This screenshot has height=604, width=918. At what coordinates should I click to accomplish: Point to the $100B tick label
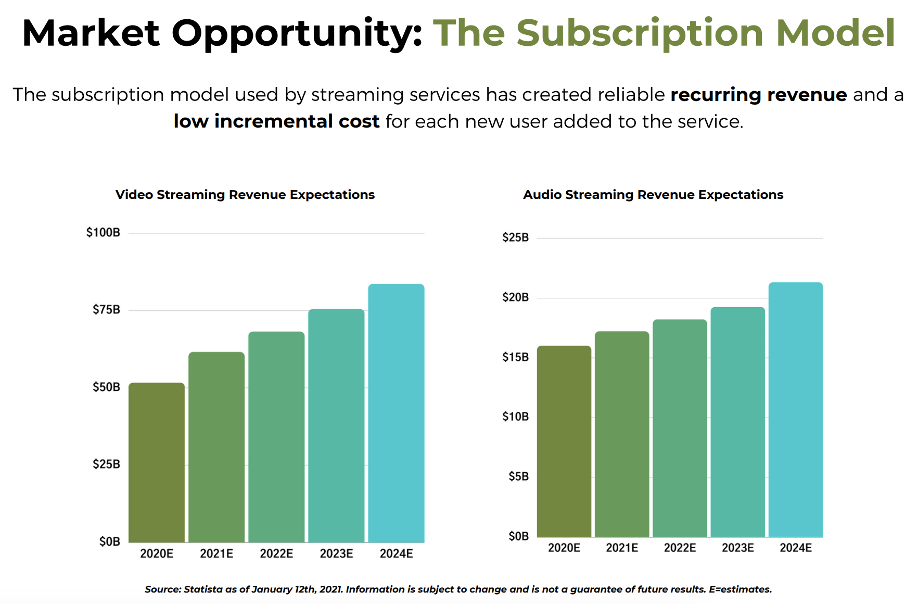pyautogui.click(x=103, y=232)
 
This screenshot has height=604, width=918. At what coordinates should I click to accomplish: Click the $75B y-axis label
pyautogui.click(x=106, y=310)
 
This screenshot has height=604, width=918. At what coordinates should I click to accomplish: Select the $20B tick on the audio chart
pyautogui.click(x=515, y=297)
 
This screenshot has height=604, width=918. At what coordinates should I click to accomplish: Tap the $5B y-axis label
pyautogui.click(x=518, y=476)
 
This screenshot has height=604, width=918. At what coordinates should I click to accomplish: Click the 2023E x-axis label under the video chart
pyautogui.click(x=336, y=553)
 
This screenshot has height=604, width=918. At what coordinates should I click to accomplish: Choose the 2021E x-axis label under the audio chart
pyautogui.click(x=622, y=548)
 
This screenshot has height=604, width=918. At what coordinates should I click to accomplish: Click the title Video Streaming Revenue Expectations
pyautogui.click(x=245, y=195)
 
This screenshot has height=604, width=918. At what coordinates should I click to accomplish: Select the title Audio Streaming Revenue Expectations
pyautogui.click(x=653, y=195)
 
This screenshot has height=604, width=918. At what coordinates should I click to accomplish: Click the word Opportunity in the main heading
pyautogui.click(x=297, y=33)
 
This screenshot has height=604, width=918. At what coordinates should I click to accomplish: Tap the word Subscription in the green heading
pyautogui.click(x=640, y=33)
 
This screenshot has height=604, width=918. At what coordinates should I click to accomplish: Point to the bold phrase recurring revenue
pyautogui.click(x=759, y=95)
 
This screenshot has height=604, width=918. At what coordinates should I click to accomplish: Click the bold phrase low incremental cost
pyautogui.click(x=276, y=121)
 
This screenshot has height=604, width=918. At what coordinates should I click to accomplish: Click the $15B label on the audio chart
pyautogui.click(x=515, y=357)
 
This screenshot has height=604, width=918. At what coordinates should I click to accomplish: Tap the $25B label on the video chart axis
pyautogui.click(x=106, y=464)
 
